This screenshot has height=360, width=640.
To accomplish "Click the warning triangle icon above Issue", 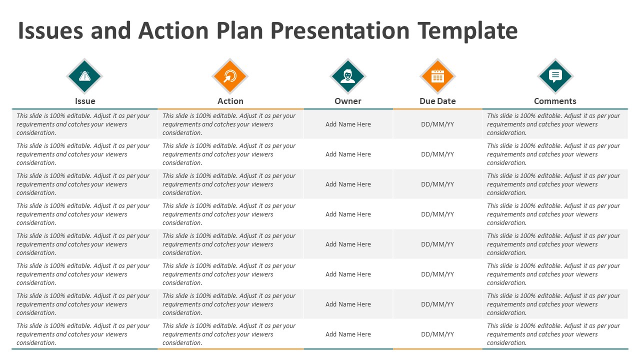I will (x=84, y=76).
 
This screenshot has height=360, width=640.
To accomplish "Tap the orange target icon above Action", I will (x=230, y=76).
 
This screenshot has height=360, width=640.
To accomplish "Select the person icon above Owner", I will (x=348, y=76).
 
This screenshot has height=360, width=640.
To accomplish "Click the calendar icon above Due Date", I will (x=437, y=76).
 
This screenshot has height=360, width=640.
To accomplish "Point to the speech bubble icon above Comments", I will (x=555, y=76).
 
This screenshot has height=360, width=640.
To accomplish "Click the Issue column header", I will (x=85, y=101).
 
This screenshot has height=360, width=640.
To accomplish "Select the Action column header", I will (x=230, y=101).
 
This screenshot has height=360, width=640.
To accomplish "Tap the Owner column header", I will (x=348, y=101).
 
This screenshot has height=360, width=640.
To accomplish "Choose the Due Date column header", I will (x=437, y=101).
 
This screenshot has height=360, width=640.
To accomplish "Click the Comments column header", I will (x=555, y=101).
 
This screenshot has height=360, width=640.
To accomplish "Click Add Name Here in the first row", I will (x=348, y=124).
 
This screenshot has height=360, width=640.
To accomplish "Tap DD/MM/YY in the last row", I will (x=437, y=334).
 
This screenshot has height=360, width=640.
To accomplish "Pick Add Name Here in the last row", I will (x=348, y=334).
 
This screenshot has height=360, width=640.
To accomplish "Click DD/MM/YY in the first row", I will (x=437, y=124).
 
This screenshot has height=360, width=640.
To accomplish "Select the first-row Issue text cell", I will (x=83, y=124).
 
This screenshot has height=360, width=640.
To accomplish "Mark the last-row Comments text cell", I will (x=553, y=334).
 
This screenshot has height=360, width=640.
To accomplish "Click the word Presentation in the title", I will (x=340, y=31).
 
